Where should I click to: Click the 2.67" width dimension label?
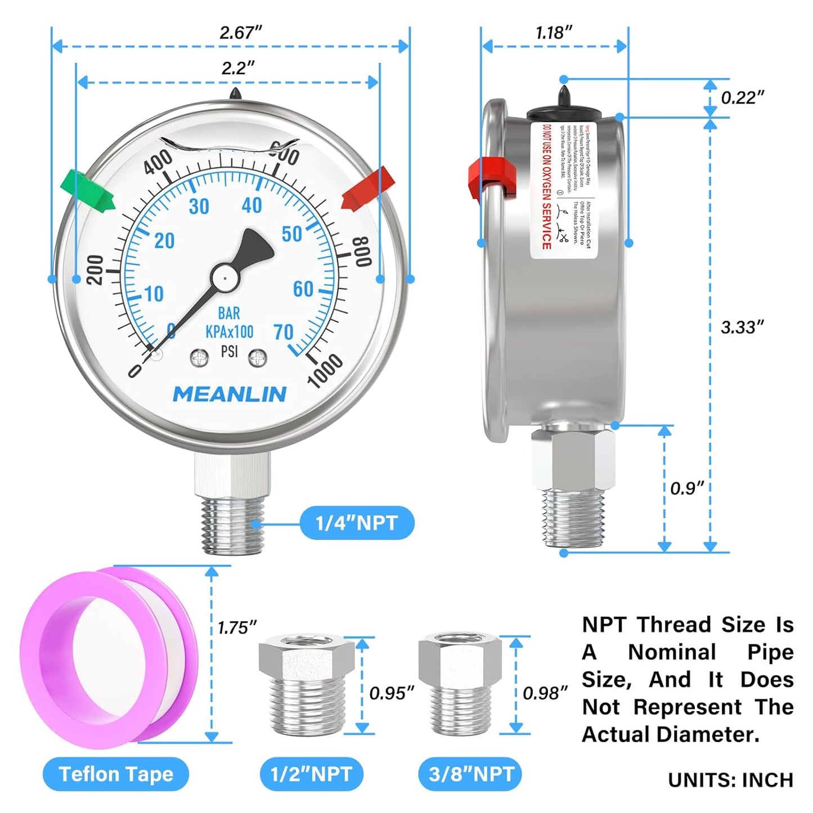[241, 33]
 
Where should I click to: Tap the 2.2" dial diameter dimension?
[237, 68]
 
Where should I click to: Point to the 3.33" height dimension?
[742, 327]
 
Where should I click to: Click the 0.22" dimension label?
[742, 98]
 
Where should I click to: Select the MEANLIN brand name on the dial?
[229, 394]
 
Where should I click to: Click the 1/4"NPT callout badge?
[357, 523]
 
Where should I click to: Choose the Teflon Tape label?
[116, 774]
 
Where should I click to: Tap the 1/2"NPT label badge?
[311, 774]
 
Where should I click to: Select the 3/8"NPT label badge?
[470, 774]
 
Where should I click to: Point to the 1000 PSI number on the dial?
[324, 370]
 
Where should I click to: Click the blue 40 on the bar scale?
[251, 205]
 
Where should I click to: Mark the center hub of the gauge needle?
[224, 277]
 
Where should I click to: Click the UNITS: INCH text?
[730, 780]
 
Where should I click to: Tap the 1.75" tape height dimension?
[237, 627]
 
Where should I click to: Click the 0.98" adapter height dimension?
[545, 693]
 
